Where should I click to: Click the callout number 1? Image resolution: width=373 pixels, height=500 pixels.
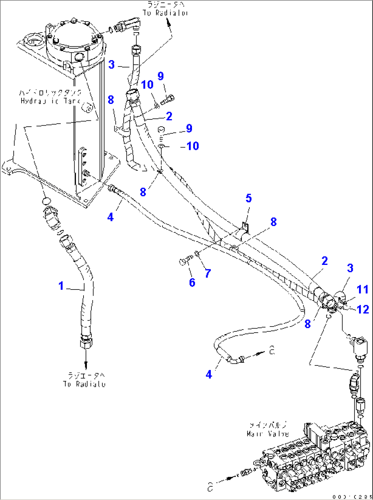pyautogui.click(x=61, y=285)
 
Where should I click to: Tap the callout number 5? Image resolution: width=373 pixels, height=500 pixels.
pyautogui.click(x=249, y=198)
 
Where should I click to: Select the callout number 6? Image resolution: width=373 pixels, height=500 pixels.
pyautogui.click(x=192, y=282)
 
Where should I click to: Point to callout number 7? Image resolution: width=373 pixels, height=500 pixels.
pyautogui.click(x=208, y=273)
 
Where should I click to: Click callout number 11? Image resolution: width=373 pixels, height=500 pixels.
pyautogui.click(x=362, y=290)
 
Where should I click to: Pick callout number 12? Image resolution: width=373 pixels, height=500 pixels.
pyautogui.click(x=363, y=309)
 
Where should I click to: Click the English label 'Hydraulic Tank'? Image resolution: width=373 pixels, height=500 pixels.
pyautogui.click(x=50, y=101)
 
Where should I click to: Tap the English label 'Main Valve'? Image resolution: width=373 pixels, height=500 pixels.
pyautogui.click(x=268, y=434)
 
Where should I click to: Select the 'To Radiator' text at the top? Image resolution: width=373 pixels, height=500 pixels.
pyautogui.click(x=165, y=13)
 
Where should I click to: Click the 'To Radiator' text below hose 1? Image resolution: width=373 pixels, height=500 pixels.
pyautogui.click(x=84, y=384)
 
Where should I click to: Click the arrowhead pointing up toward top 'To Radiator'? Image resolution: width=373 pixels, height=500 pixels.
pyautogui.click(x=168, y=23)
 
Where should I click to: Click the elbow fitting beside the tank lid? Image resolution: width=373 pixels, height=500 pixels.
pyautogui.click(x=128, y=26)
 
